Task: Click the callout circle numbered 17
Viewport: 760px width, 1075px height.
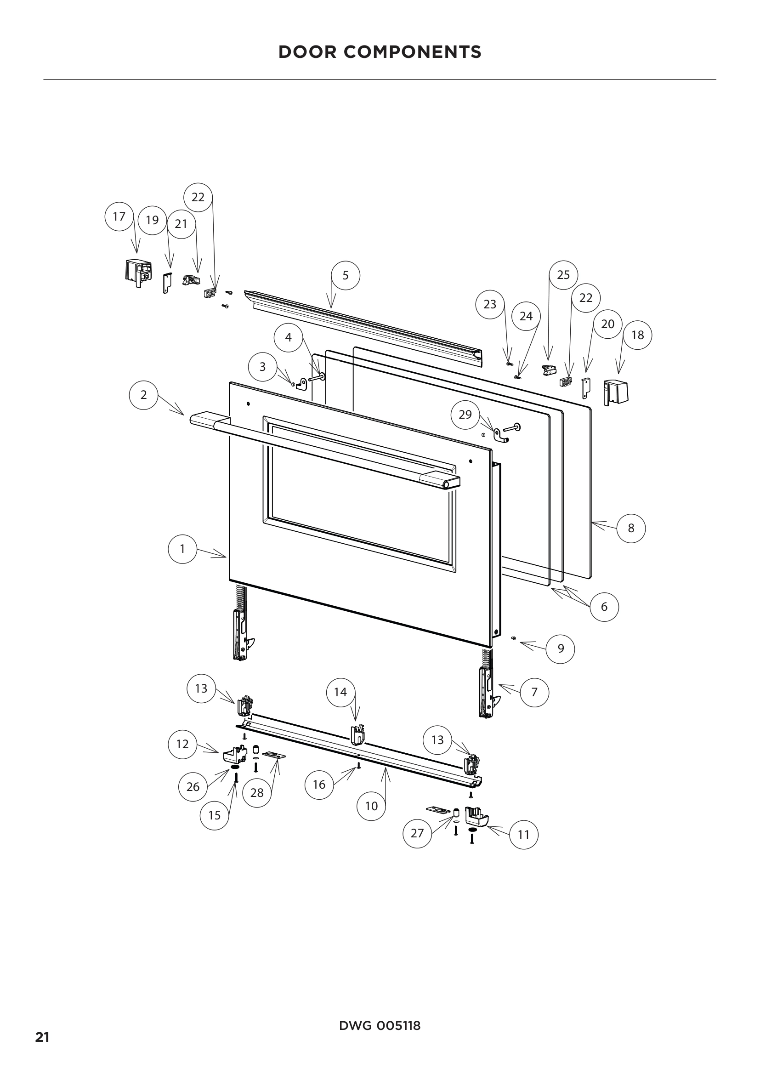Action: point(119,216)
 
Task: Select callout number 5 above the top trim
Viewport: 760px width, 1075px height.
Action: point(346,275)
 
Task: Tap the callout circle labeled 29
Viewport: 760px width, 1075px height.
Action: point(465,415)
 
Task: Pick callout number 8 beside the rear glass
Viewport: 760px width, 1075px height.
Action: point(631,528)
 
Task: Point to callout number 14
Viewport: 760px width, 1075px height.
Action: point(340,692)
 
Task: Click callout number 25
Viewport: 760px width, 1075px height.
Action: point(563,275)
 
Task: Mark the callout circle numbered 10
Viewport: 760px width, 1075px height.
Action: point(371,806)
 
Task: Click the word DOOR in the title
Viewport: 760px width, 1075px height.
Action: point(308,52)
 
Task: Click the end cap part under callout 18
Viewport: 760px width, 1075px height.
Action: point(616,392)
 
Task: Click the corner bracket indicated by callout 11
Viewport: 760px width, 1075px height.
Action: point(477,817)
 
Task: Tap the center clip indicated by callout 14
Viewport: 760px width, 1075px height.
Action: point(357,734)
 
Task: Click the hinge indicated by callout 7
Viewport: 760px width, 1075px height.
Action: point(487,693)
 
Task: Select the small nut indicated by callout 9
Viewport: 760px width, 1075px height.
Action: point(513,638)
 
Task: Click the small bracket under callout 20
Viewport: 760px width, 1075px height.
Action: point(585,387)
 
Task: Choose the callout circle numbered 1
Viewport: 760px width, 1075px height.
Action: point(182,549)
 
